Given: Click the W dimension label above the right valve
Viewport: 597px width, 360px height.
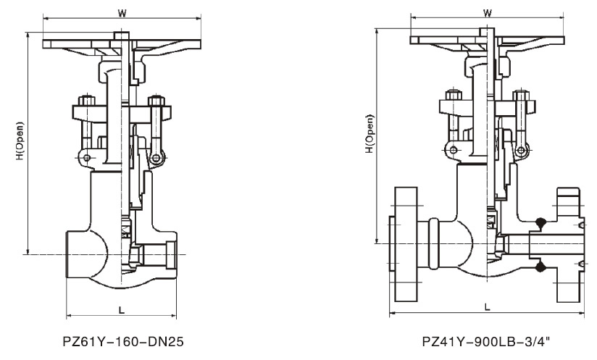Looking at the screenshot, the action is click(x=488, y=12).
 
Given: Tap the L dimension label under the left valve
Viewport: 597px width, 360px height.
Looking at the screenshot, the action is click(x=122, y=310).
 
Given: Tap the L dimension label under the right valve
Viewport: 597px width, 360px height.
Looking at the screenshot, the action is click(x=488, y=306).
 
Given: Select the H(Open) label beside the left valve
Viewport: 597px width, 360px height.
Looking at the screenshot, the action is click(x=20, y=141).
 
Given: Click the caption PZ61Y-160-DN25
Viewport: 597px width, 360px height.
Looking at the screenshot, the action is click(x=123, y=341).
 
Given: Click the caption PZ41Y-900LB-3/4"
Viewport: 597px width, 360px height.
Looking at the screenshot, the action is click(x=486, y=341).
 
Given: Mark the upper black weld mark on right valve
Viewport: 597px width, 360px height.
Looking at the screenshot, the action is click(x=540, y=222).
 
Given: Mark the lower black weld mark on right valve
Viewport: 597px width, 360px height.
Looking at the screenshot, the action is click(x=540, y=267).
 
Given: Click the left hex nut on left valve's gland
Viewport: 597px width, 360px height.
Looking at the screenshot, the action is click(x=87, y=100).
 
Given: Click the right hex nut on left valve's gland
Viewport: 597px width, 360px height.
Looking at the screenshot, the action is click(x=156, y=101).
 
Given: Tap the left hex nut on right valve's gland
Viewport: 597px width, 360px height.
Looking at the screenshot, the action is click(x=453, y=95).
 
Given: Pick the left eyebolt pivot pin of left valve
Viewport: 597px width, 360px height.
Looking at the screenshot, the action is click(x=87, y=158).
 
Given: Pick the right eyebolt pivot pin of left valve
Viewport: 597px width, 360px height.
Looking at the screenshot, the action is click(x=156, y=158).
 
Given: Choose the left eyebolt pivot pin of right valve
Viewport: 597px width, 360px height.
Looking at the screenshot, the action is click(x=453, y=150).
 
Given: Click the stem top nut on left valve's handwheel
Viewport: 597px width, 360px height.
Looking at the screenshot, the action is click(x=122, y=35).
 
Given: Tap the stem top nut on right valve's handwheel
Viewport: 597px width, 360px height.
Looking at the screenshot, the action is click(x=487, y=32).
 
